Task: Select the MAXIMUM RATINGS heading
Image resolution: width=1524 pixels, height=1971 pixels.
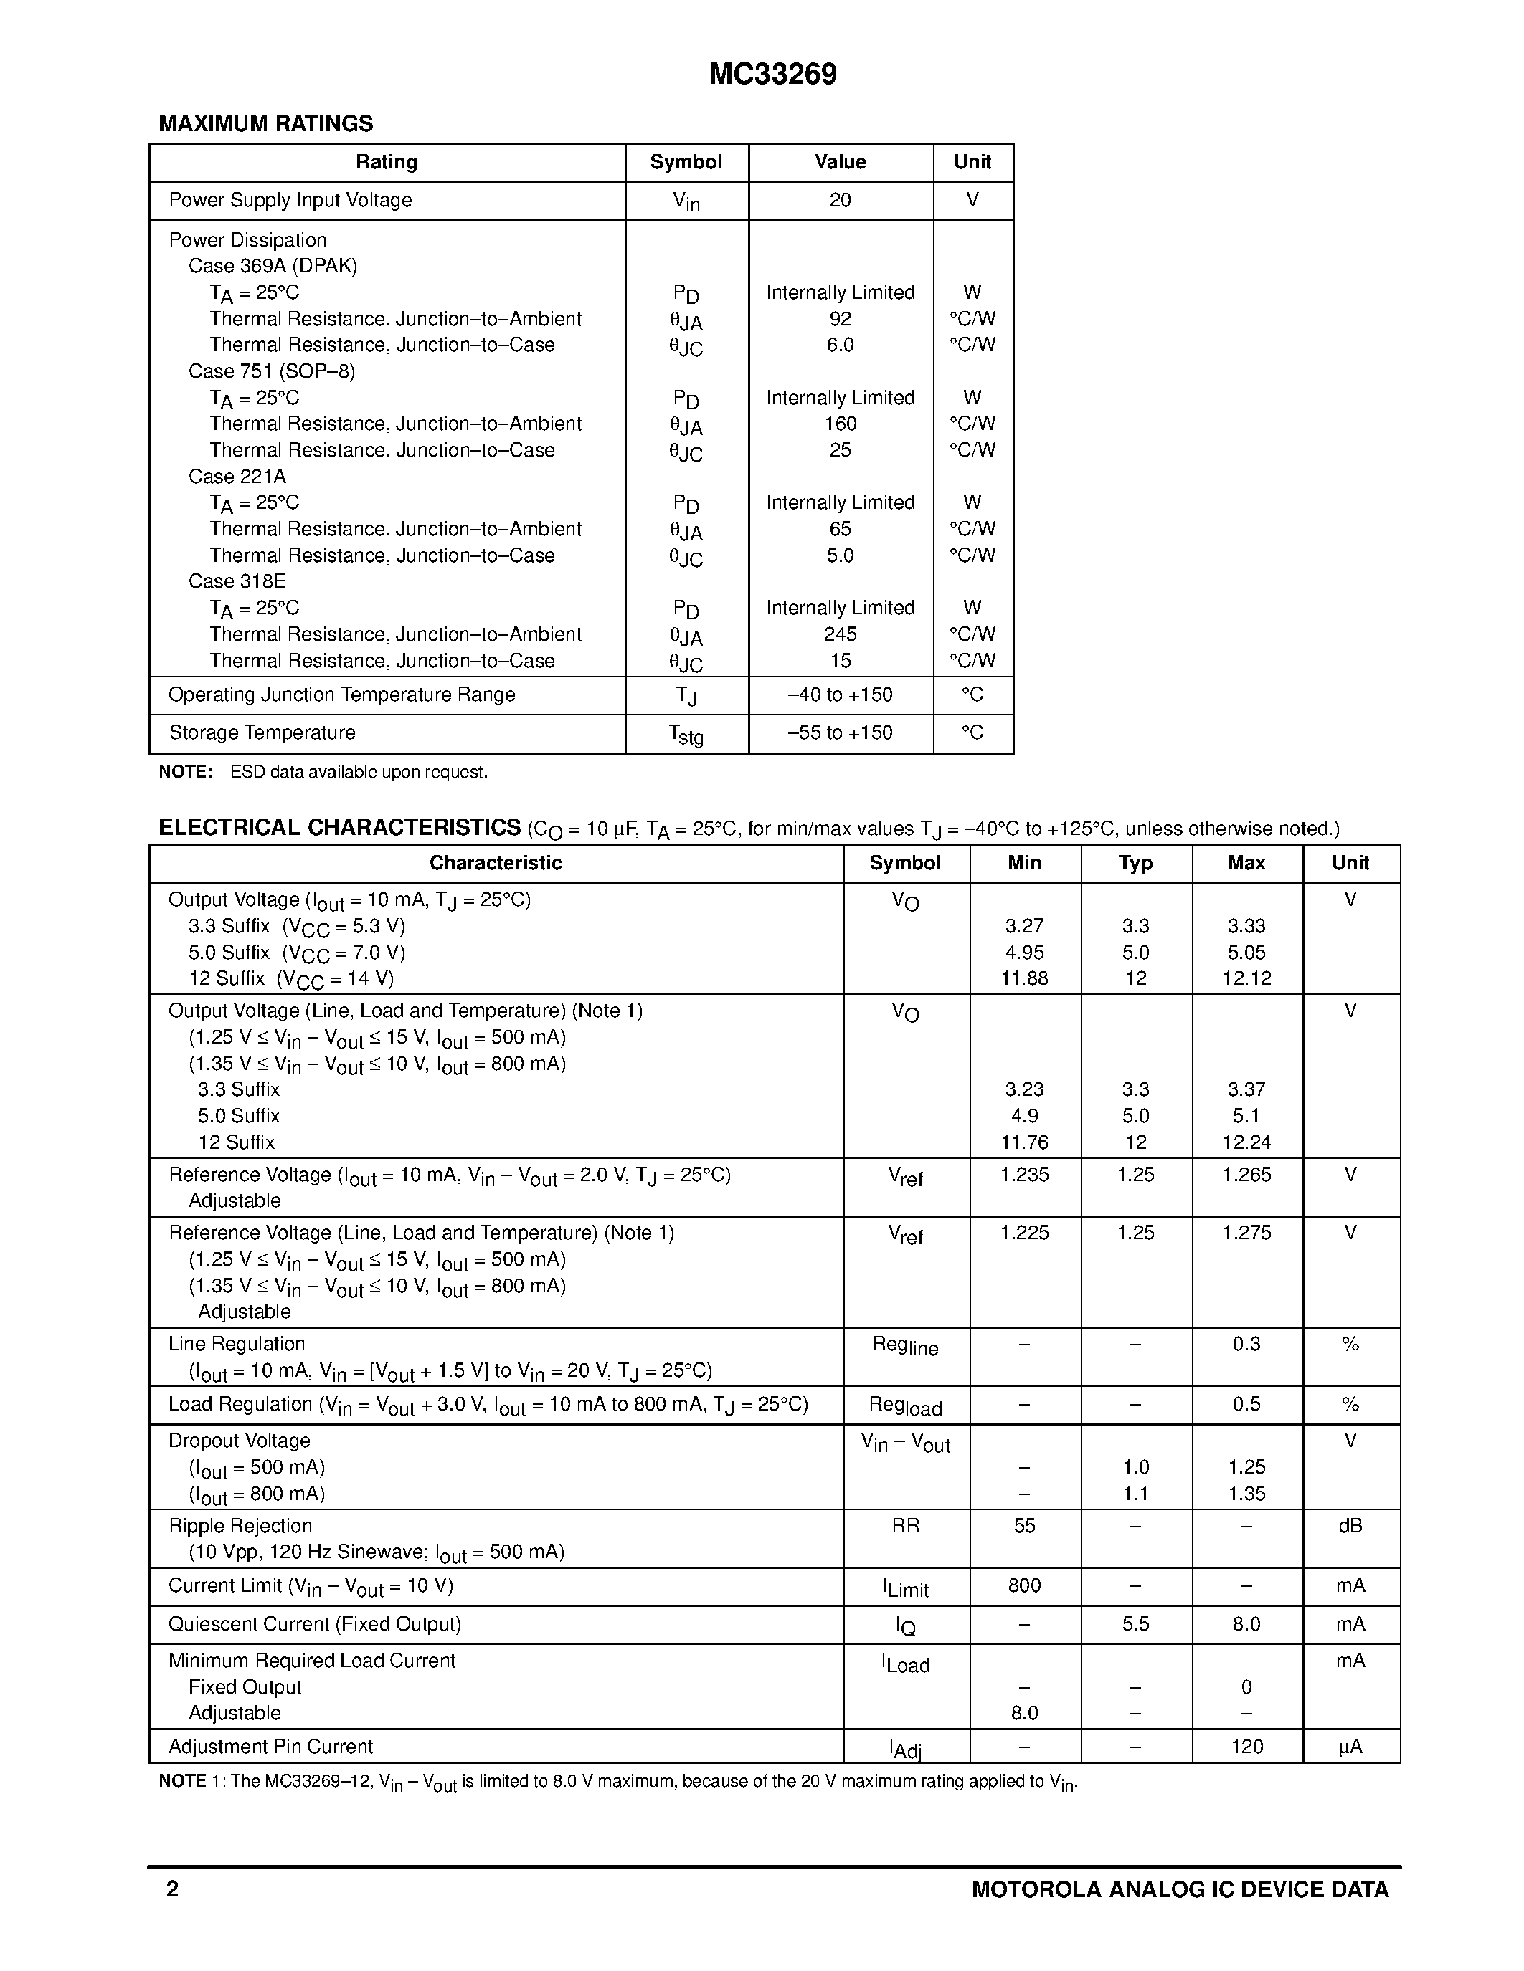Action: pos(265,124)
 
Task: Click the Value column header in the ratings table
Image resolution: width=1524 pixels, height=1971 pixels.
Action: pos(840,163)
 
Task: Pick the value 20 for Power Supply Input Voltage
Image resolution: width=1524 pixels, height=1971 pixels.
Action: pos(840,201)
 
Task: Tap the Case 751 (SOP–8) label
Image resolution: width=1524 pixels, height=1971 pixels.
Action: pos(272,371)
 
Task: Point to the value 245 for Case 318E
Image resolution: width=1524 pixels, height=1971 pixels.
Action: pos(840,634)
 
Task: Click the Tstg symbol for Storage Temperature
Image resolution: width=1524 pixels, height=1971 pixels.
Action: pos(686,735)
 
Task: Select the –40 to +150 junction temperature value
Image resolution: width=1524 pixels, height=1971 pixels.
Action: pos(840,695)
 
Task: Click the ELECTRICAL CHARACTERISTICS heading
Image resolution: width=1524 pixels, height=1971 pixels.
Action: pos(339,828)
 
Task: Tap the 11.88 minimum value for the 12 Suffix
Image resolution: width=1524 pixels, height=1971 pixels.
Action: pos(1024,978)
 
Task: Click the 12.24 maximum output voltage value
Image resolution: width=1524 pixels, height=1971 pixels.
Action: pos(1246,1142)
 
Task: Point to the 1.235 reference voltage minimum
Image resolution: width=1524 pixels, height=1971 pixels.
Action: pos(1024,1175)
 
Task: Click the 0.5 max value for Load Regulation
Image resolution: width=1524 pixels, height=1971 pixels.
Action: pos(1246,1404)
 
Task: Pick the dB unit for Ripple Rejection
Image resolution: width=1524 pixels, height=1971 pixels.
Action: pos(1350,1526)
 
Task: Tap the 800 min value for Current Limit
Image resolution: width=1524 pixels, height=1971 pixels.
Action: pos(1024,1585)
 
